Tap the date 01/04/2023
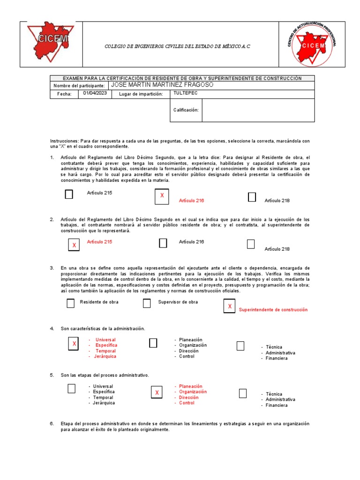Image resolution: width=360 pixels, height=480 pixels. [95, 93]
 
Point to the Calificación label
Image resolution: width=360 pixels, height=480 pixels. [186, 110]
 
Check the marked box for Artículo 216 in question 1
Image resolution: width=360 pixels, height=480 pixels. [162, 195]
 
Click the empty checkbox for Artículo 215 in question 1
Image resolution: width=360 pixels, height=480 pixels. [69, 194]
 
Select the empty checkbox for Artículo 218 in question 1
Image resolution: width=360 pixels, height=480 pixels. [252, 197]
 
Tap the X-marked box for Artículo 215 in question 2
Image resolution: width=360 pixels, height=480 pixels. [74, 245]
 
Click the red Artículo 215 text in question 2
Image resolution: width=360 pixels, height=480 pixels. [99, 242]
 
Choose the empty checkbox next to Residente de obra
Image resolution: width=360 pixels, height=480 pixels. [70, 303]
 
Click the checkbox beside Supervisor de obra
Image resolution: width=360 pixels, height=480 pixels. [147, 303]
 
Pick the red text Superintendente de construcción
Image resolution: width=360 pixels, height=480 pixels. [273, 310]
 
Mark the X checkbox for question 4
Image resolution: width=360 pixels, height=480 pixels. [74, 345]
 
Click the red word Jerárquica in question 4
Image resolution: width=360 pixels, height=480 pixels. [105, 356]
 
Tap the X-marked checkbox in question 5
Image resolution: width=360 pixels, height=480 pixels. [157, 392]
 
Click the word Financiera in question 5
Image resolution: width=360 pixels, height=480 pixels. [277, 405]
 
